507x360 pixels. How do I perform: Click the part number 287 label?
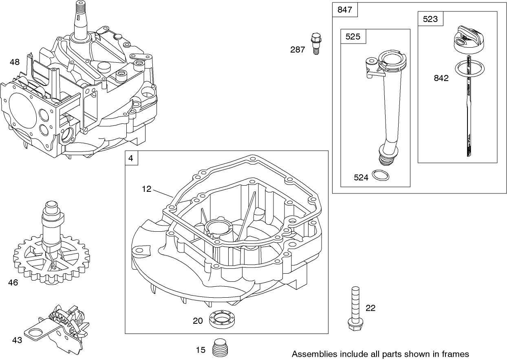298,50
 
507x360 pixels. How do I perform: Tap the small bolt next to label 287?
315,43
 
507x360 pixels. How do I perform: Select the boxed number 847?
345,10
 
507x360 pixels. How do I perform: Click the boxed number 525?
353,36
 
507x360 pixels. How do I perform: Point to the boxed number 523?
430,19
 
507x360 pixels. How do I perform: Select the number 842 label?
441,78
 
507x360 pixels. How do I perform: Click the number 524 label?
361,177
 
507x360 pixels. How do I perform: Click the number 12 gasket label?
147,189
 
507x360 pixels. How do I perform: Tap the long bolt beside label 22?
355,309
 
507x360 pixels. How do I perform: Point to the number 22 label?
370,308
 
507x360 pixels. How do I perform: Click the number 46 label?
13,282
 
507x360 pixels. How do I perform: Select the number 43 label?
17,340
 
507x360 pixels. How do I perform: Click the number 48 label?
15,62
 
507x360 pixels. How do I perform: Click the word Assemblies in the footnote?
312,354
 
